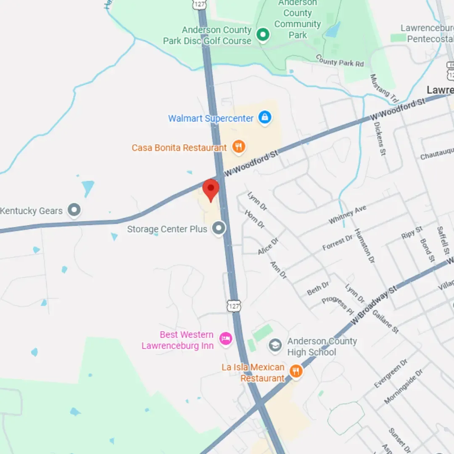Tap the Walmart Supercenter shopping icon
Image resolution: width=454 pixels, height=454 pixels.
tap(264, 117)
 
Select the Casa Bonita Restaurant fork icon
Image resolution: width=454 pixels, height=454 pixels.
tap(239, 147)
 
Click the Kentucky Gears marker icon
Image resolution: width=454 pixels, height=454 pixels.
tap(74, 209)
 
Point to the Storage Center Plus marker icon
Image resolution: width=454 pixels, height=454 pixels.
tap(219, 228)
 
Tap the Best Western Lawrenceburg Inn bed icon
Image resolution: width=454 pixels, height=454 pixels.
tap(226, 338)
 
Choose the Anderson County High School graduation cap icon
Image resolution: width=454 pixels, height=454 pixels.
tap(275, 346)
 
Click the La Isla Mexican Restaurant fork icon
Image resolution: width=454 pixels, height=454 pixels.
tap(296, 372)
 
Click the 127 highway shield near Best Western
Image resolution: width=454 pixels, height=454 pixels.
tap(234, 306)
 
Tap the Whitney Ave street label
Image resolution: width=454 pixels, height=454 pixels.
tap(347, 215)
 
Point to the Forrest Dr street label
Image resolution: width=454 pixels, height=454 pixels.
tap(338, 242)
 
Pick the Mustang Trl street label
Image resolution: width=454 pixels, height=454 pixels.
tap(384, 88)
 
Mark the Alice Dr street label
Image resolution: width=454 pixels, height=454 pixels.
tap(268, 246)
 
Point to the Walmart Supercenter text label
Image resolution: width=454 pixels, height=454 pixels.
tap(211, 118)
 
